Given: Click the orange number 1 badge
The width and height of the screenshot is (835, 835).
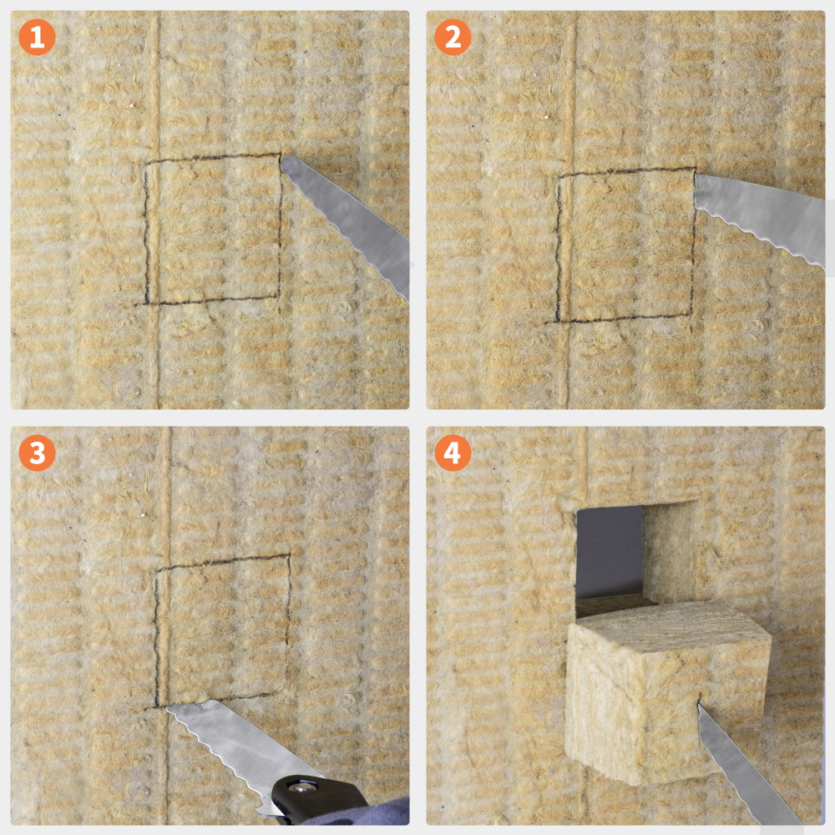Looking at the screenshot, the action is pyautogui.click(x=37, y=38).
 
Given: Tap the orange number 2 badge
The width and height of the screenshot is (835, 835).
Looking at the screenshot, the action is pyautogui.click(x=453, y=38).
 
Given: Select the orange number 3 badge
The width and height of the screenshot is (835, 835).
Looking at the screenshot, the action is pyautogui.click(x=37, y=453).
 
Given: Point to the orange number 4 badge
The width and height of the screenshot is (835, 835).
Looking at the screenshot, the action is pyautogui.click(x=453, y=453).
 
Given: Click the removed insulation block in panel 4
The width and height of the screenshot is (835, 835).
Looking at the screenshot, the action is pyautogui.click(x=665, y=692).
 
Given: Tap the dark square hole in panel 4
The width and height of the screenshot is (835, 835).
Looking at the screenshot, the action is pyautogui.click(x=609, y=551).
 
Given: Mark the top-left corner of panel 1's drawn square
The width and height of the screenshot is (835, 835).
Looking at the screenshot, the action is pyautogui.click(x=146, y=162).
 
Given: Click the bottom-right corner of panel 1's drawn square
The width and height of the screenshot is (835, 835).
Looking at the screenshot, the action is pyautogui.click(x=279, y=297).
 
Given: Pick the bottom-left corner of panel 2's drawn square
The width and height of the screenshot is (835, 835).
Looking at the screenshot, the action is pyautogui.click(x=558, y=321).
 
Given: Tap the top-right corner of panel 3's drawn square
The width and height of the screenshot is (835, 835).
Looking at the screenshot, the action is pyautogui.click(x=289, y=555).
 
